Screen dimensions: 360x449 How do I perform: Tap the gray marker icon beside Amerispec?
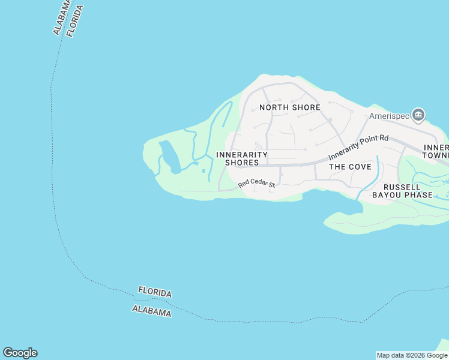coord(419,114)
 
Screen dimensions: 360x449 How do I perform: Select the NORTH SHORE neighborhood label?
coord(289,107)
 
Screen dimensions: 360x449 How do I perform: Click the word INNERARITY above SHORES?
coord(241,155)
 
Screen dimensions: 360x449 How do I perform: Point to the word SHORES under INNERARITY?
coord(242,163)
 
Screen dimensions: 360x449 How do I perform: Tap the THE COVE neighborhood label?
coord(350,167)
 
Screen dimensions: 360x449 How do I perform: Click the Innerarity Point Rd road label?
coord(358,147)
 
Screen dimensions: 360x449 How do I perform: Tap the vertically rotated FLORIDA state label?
coord(75,21)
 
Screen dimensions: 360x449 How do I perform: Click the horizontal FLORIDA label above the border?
coord(155,292)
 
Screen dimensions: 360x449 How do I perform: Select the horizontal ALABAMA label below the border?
coord(151,311)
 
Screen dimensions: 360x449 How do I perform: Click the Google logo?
coord(20,353)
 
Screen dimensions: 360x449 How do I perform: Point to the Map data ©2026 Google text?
coord(412,355)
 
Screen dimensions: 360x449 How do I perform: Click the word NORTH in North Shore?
coord(273,107)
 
